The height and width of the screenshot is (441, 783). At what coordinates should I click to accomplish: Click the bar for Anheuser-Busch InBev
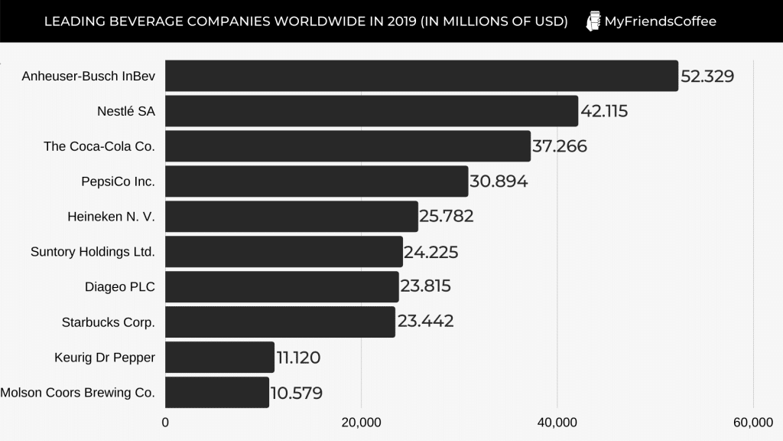click(421, 76)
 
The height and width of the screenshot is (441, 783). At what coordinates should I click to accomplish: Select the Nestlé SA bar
click(372, 111)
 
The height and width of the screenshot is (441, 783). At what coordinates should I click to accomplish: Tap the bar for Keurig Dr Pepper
click(219, 358)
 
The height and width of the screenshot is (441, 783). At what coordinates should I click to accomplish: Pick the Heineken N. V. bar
click(291, 217)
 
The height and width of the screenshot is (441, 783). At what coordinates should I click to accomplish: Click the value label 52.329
click(707, 77)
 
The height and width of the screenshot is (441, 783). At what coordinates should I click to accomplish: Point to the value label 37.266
click(560, 146)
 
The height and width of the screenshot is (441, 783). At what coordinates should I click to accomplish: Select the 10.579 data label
click(296, 394)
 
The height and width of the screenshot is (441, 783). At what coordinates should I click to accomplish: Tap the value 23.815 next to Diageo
click(425, 286)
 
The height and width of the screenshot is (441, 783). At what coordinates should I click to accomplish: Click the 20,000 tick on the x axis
click(361, 422)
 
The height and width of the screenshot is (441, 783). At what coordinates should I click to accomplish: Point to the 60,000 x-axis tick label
click(753, 422)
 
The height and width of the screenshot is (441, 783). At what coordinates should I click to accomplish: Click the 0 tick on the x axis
click(165, 422)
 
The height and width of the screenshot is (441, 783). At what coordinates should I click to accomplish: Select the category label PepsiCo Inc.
click(118, 181)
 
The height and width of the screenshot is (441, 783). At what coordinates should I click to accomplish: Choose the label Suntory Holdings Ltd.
click(93, 252)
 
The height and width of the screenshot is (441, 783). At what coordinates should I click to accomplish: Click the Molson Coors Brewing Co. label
click(78, 393)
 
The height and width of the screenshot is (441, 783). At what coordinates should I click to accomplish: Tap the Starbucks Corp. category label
click(108, 322)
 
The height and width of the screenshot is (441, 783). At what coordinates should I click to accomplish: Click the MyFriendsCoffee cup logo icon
click(593, 21)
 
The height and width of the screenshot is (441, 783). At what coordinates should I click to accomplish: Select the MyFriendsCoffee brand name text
click(660, 21)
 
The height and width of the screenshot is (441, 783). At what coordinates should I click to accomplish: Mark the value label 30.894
click(499, 181)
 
